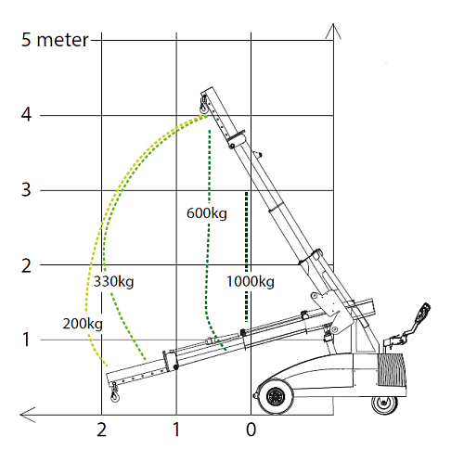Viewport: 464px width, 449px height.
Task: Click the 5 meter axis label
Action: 55,40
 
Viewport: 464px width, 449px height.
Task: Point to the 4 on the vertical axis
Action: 26,115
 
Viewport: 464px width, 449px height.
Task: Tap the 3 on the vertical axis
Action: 26,189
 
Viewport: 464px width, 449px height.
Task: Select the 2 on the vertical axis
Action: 26,265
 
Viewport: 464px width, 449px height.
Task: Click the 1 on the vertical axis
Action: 26,340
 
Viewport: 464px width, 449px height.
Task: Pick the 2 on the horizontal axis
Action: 102,430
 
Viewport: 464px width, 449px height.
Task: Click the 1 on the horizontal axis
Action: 176,430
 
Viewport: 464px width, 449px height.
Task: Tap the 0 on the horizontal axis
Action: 251,430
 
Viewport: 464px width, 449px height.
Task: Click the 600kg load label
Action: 207,213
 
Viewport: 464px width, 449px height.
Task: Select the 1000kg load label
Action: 251,282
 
